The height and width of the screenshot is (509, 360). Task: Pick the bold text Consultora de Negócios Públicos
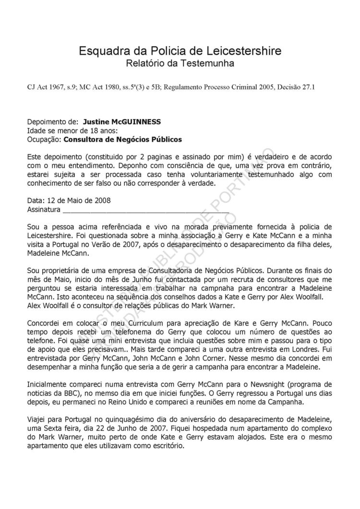coord(122,139)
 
